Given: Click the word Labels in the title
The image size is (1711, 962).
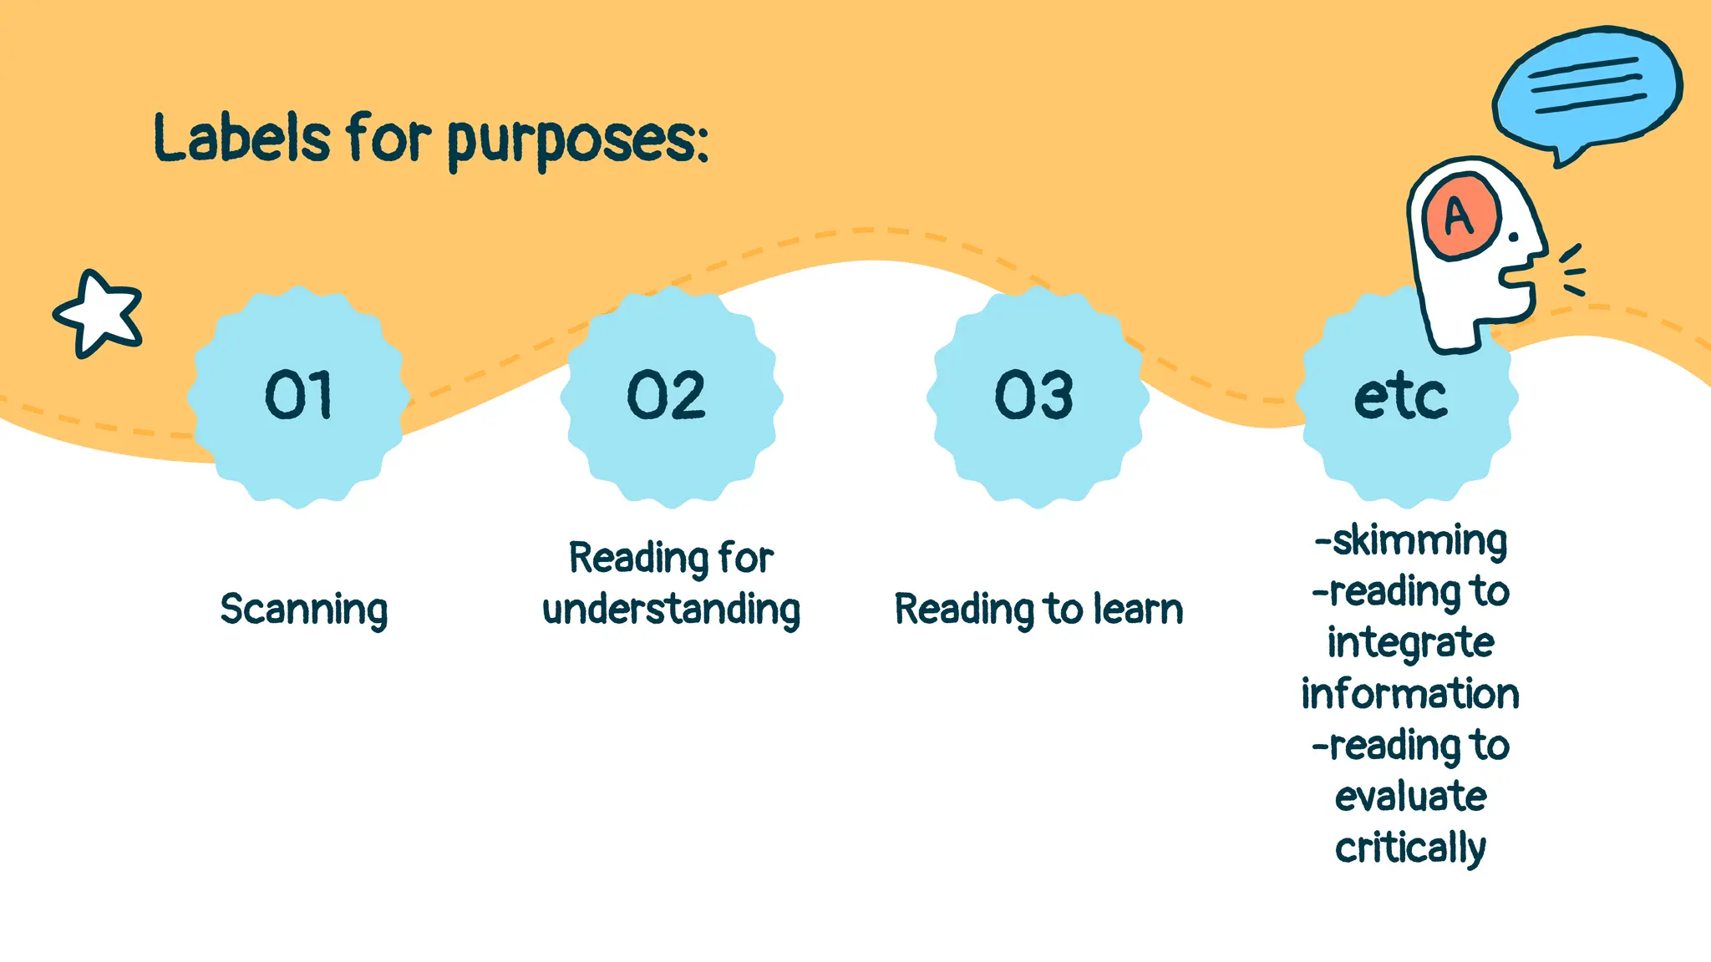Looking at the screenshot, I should (242, 138).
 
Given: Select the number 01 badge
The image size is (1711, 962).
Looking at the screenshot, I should (298, 396).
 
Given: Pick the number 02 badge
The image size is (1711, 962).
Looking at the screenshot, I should (667, 396).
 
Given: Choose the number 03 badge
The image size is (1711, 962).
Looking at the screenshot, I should (1033, 396).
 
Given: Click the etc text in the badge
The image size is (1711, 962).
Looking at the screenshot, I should (1400, 397).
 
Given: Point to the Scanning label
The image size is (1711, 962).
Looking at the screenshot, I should (304, 610).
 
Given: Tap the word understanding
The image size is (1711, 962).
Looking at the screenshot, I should (671, 610).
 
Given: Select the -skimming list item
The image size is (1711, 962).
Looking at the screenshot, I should (1411, 540).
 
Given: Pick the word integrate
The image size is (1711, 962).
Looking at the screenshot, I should (1411, 643).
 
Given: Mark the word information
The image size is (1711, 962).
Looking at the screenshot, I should (1410, 694).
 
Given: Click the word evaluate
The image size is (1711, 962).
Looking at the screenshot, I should (1411, 797).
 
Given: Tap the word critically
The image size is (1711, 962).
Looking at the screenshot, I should (1411, 848).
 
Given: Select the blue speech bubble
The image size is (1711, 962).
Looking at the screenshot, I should (1587, 89).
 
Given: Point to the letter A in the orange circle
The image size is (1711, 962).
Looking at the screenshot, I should (1460, 216).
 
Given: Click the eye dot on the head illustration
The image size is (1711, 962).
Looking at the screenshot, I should (1513, 238).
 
